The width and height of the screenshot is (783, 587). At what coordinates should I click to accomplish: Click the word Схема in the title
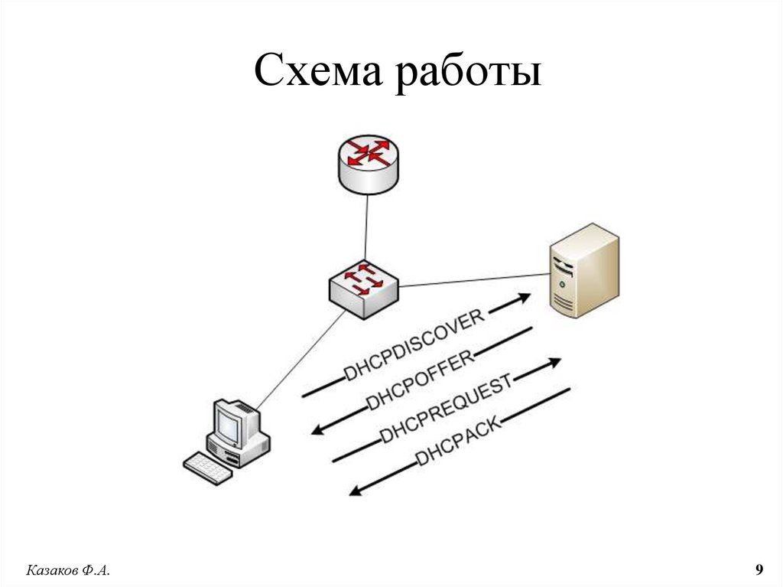[315, 73]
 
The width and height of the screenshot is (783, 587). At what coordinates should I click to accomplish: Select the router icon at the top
[367, 161]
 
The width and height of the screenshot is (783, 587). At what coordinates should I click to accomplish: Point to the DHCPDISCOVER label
[414, 344]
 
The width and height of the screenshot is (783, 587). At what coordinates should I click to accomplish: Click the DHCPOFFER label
[421, 378]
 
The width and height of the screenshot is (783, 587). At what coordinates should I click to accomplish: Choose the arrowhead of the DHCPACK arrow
[355, 491]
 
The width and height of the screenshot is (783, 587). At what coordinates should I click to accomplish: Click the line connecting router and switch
[366, 226]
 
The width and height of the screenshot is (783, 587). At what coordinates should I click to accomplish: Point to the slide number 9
[759, 569]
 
